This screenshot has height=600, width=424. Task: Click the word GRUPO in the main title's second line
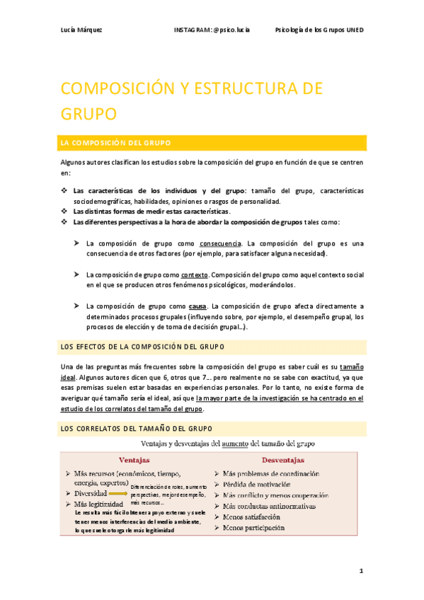coord(88,114)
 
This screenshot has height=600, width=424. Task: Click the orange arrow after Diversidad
coord(118,493)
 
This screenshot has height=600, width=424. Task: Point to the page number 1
coord(360,570)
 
